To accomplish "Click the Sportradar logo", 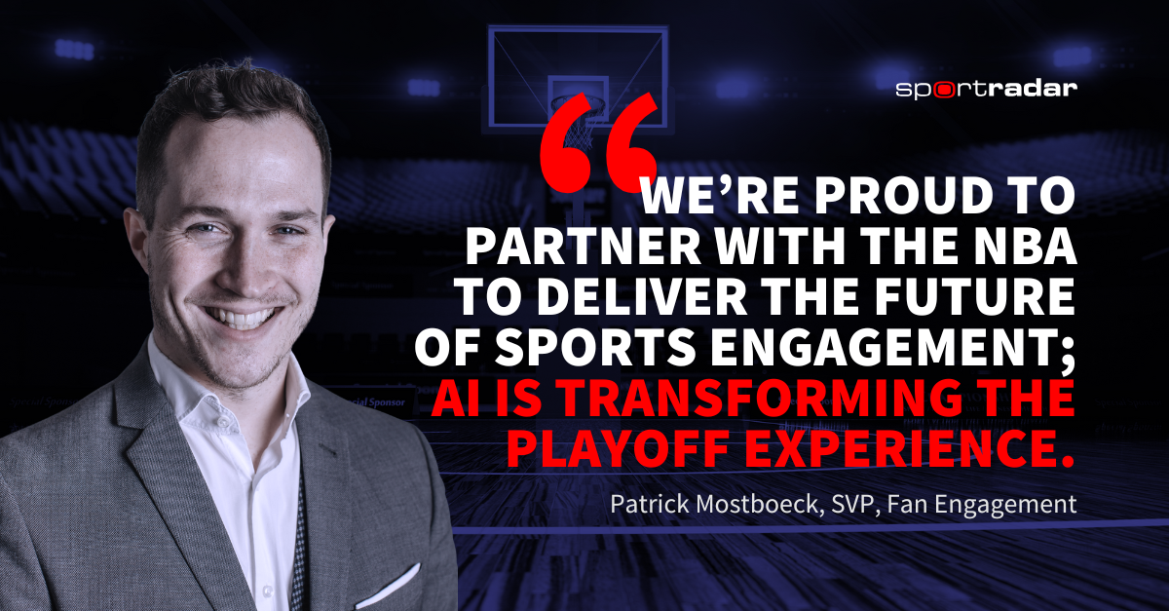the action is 986,89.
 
